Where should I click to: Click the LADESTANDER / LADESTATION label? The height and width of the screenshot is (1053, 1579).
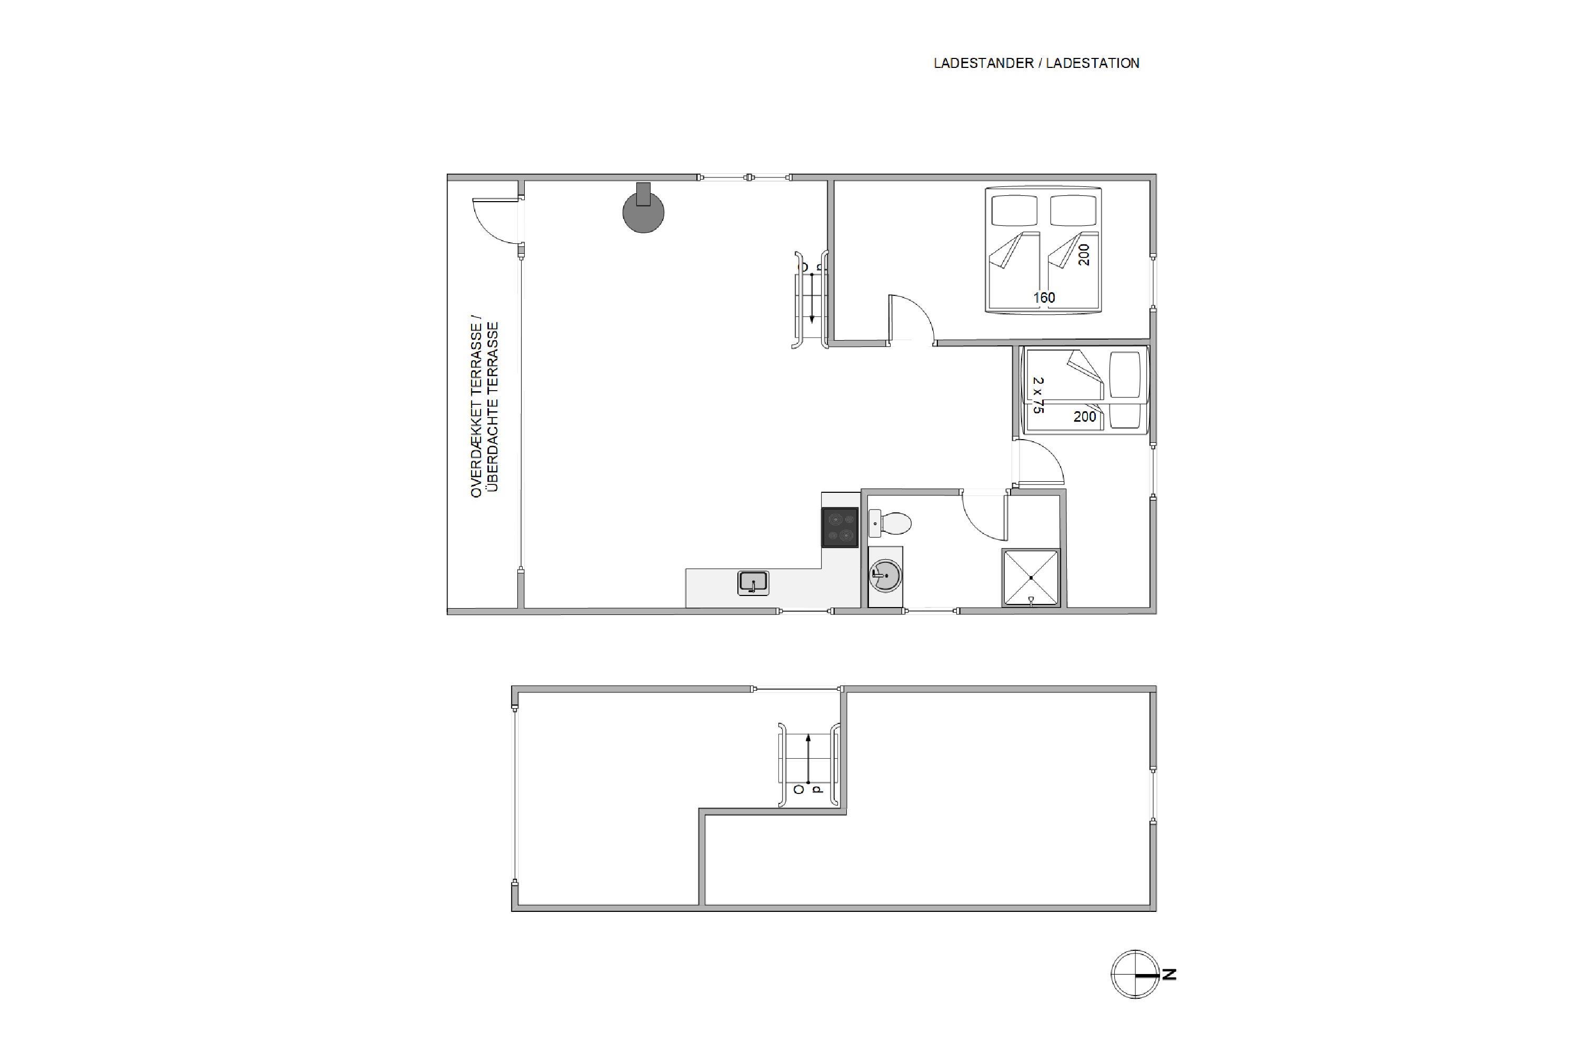click(1036, 63)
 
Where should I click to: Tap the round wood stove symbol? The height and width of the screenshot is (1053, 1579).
click(643, 209)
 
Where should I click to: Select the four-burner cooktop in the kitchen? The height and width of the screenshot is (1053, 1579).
click(840, 527)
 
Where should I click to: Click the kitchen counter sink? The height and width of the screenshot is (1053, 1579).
click(753, 583)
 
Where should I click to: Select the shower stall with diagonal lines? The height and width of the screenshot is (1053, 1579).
click(1031, 578)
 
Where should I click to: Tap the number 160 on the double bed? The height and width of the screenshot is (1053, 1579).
click(1044, 297)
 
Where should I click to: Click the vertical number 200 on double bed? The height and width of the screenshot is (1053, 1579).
click(1084, 254)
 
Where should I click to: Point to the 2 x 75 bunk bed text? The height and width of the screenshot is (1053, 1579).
click(1038, 395)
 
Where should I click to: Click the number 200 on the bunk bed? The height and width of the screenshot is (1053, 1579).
click(1085, 416)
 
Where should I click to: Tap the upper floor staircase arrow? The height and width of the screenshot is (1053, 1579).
click(808, 759)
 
